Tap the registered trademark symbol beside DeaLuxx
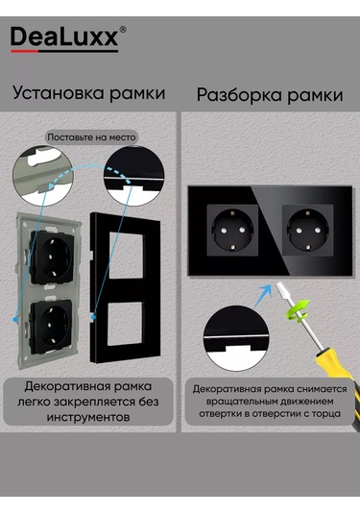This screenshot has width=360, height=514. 123,30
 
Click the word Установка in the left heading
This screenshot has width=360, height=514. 59,93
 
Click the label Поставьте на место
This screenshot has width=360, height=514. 91,137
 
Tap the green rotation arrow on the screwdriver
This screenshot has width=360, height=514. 298,309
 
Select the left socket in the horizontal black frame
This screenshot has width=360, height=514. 232,231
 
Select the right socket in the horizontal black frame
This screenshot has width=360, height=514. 308,231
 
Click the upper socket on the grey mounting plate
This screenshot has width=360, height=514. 52,257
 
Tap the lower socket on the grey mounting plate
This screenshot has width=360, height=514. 51,327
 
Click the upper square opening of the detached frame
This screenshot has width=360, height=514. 126,255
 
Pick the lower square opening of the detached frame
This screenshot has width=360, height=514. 125,324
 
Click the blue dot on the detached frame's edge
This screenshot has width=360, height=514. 93,317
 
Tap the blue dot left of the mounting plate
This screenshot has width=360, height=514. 14,319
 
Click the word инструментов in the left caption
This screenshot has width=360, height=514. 88,418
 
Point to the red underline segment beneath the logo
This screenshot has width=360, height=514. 25,51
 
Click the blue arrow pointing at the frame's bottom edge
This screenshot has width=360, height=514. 263,295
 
